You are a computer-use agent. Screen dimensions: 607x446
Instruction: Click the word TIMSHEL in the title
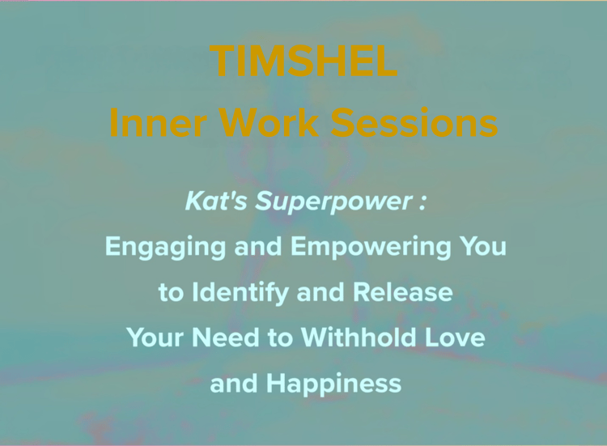click(306, 61)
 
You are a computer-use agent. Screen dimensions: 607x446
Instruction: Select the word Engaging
click(165, 248)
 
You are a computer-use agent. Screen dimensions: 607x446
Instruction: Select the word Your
click(156, 338)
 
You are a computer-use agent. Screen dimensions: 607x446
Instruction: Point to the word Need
click(226, 338)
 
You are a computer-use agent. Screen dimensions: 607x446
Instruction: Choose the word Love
click(455, 338)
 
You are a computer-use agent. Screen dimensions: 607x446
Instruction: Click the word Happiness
click(333, 384)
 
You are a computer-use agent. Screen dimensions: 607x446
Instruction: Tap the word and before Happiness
click(234, 384)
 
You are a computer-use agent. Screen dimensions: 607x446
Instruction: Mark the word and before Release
click(320, 292)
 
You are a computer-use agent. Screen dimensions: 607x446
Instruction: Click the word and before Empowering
click(258, 247)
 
